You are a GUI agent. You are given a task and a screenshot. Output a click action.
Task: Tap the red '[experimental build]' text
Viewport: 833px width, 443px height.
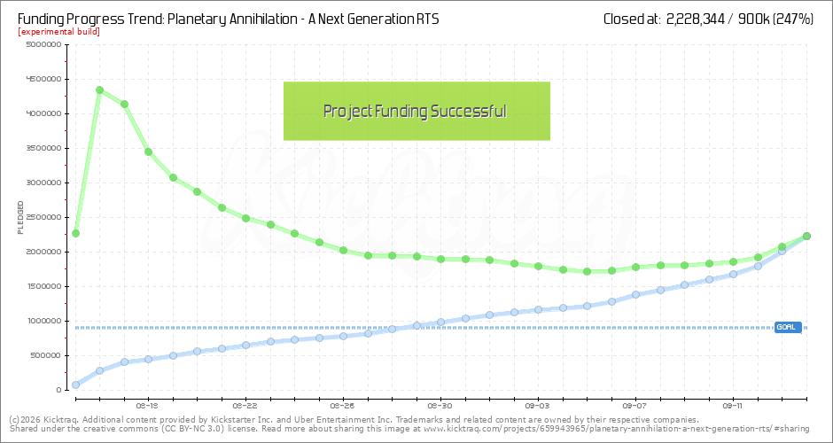click(x=58, y=32)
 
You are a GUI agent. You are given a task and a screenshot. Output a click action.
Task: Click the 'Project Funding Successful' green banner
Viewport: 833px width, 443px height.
click(x=416, y=111)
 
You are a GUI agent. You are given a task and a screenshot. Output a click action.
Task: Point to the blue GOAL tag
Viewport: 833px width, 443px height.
click(x=787, y=327)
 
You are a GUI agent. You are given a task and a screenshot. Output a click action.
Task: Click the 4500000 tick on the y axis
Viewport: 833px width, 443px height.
click(x=42, y=79)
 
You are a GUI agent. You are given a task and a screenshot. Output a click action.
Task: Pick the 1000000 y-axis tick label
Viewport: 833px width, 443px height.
click(x=42, y=321)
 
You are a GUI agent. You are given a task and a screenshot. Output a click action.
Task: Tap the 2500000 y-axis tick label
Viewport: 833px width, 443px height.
click(x=42, y=217)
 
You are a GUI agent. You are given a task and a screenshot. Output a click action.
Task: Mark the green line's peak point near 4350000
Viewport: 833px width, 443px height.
click(x=99, y=89)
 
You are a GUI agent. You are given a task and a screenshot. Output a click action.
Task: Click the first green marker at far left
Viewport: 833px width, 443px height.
click(x=75, y=233)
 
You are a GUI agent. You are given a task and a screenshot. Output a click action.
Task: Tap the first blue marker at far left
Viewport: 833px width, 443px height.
click(x=75, y=385)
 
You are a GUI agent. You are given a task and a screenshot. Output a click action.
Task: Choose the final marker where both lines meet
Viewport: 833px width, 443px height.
click(x=806, y=236)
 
